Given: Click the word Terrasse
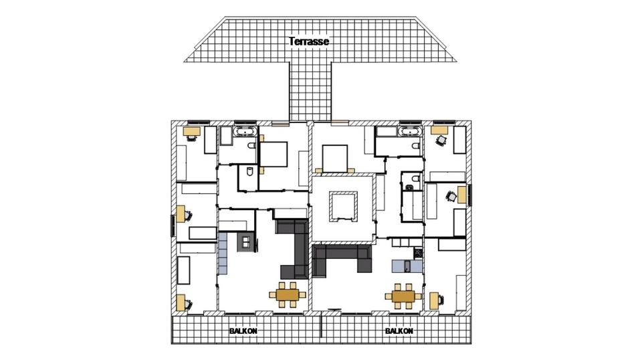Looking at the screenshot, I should tap(309, 41).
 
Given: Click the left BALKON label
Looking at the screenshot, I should tap(243, 331).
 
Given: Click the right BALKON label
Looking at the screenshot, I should tap(399, 331).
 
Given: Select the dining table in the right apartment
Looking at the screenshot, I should tap(403, 294).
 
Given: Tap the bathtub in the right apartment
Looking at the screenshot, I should tap(409, 131).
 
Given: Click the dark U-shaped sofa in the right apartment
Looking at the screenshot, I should tap(342, 257).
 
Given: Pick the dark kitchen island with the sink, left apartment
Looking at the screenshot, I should tap(245, 242).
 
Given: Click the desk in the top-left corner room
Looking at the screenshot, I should tap(191, 130).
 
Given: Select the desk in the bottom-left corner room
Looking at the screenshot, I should tap(181, 302).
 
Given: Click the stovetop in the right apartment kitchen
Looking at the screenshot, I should tap(418, 253).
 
